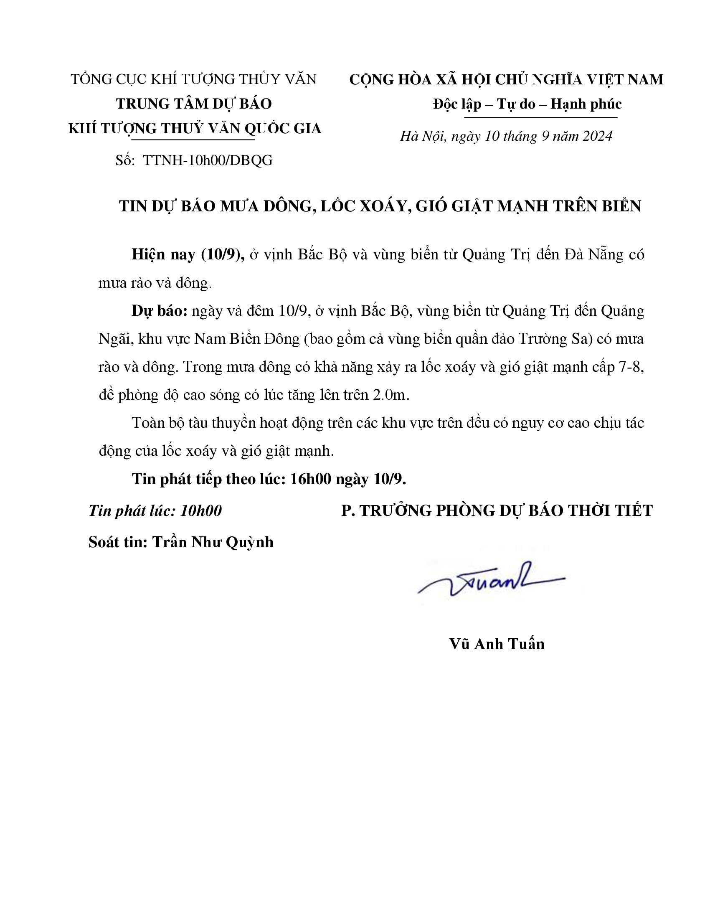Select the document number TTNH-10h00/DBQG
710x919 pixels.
tap(208, 160)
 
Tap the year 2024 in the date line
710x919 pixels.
tap(596, 136)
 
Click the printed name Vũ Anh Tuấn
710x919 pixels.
tap(497, 644)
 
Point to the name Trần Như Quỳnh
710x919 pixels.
tap(213, 542)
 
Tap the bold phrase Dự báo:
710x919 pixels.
tap(160, 311)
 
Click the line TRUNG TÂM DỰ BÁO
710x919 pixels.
tap(194, 104)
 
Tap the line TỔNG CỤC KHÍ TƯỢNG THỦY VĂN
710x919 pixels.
tap(193, 79)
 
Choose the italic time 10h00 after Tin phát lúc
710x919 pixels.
tap(200, 510)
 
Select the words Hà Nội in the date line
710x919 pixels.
tap(422, 136)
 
